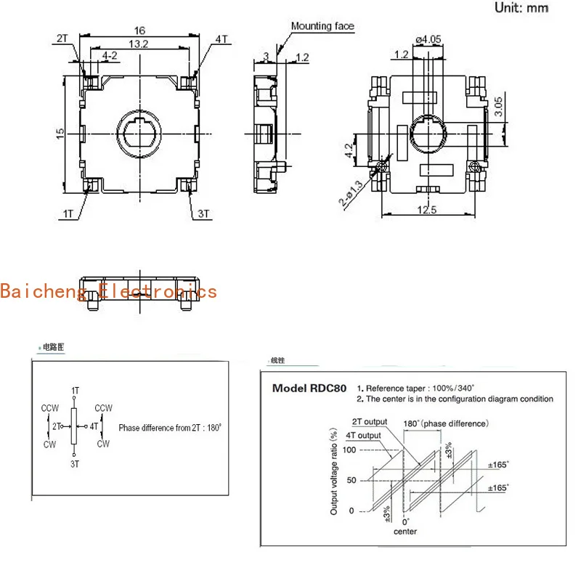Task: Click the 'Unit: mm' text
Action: tap(521, 8)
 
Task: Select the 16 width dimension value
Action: tap(139, 31)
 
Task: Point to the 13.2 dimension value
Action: tap(139, 44)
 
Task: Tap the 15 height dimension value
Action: tap(61, 133)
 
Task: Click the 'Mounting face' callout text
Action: tap(322, 27)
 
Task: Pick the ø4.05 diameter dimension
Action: tap(428, 38)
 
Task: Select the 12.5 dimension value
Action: tap(428, 211)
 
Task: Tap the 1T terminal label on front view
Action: tap(70, 214)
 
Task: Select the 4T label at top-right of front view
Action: tap(221, 38)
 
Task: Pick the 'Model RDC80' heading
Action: tap(309, 388)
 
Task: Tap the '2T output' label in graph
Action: tap(369, 422)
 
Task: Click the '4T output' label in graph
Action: tap(365, 436)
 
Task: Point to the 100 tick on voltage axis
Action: tap(349, 451)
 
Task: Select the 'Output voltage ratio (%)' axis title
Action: tap(334, 472)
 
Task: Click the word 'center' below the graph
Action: tap(405, 532)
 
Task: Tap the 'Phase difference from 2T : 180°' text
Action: tap(170, 428)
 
